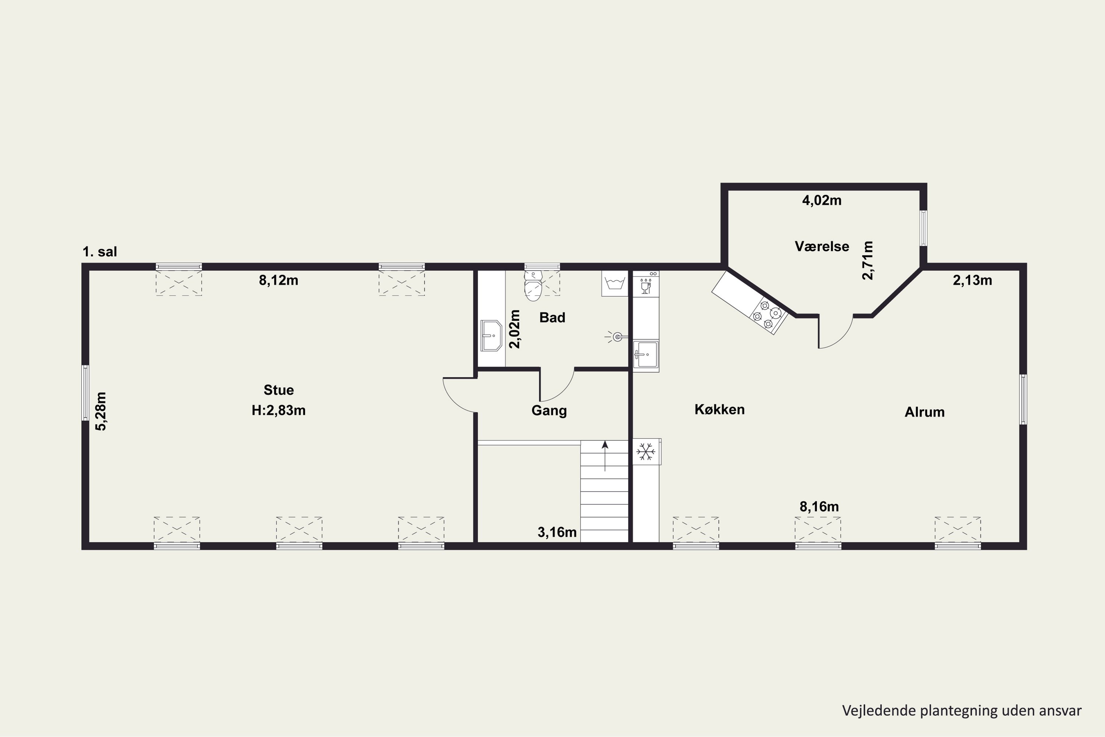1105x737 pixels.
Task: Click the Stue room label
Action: pos(278,390)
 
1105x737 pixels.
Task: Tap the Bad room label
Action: pos(552,317)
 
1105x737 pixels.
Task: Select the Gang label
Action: pos(549,411)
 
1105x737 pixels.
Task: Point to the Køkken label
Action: pos(719,409)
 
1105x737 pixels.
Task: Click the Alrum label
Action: pos(924,412)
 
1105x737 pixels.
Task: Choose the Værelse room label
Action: pos(822,246)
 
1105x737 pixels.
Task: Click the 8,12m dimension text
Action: pos(278,280)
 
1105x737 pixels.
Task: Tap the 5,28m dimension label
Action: pos(101,411)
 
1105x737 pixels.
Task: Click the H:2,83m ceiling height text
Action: pos(278,411)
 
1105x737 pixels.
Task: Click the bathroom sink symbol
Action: pos(491,336)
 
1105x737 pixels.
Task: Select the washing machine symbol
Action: pos(614,283)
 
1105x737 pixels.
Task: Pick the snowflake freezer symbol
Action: pos(646,452)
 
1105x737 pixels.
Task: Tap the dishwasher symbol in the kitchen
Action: pos(646,283)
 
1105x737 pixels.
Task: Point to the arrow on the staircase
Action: pos(605,456)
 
